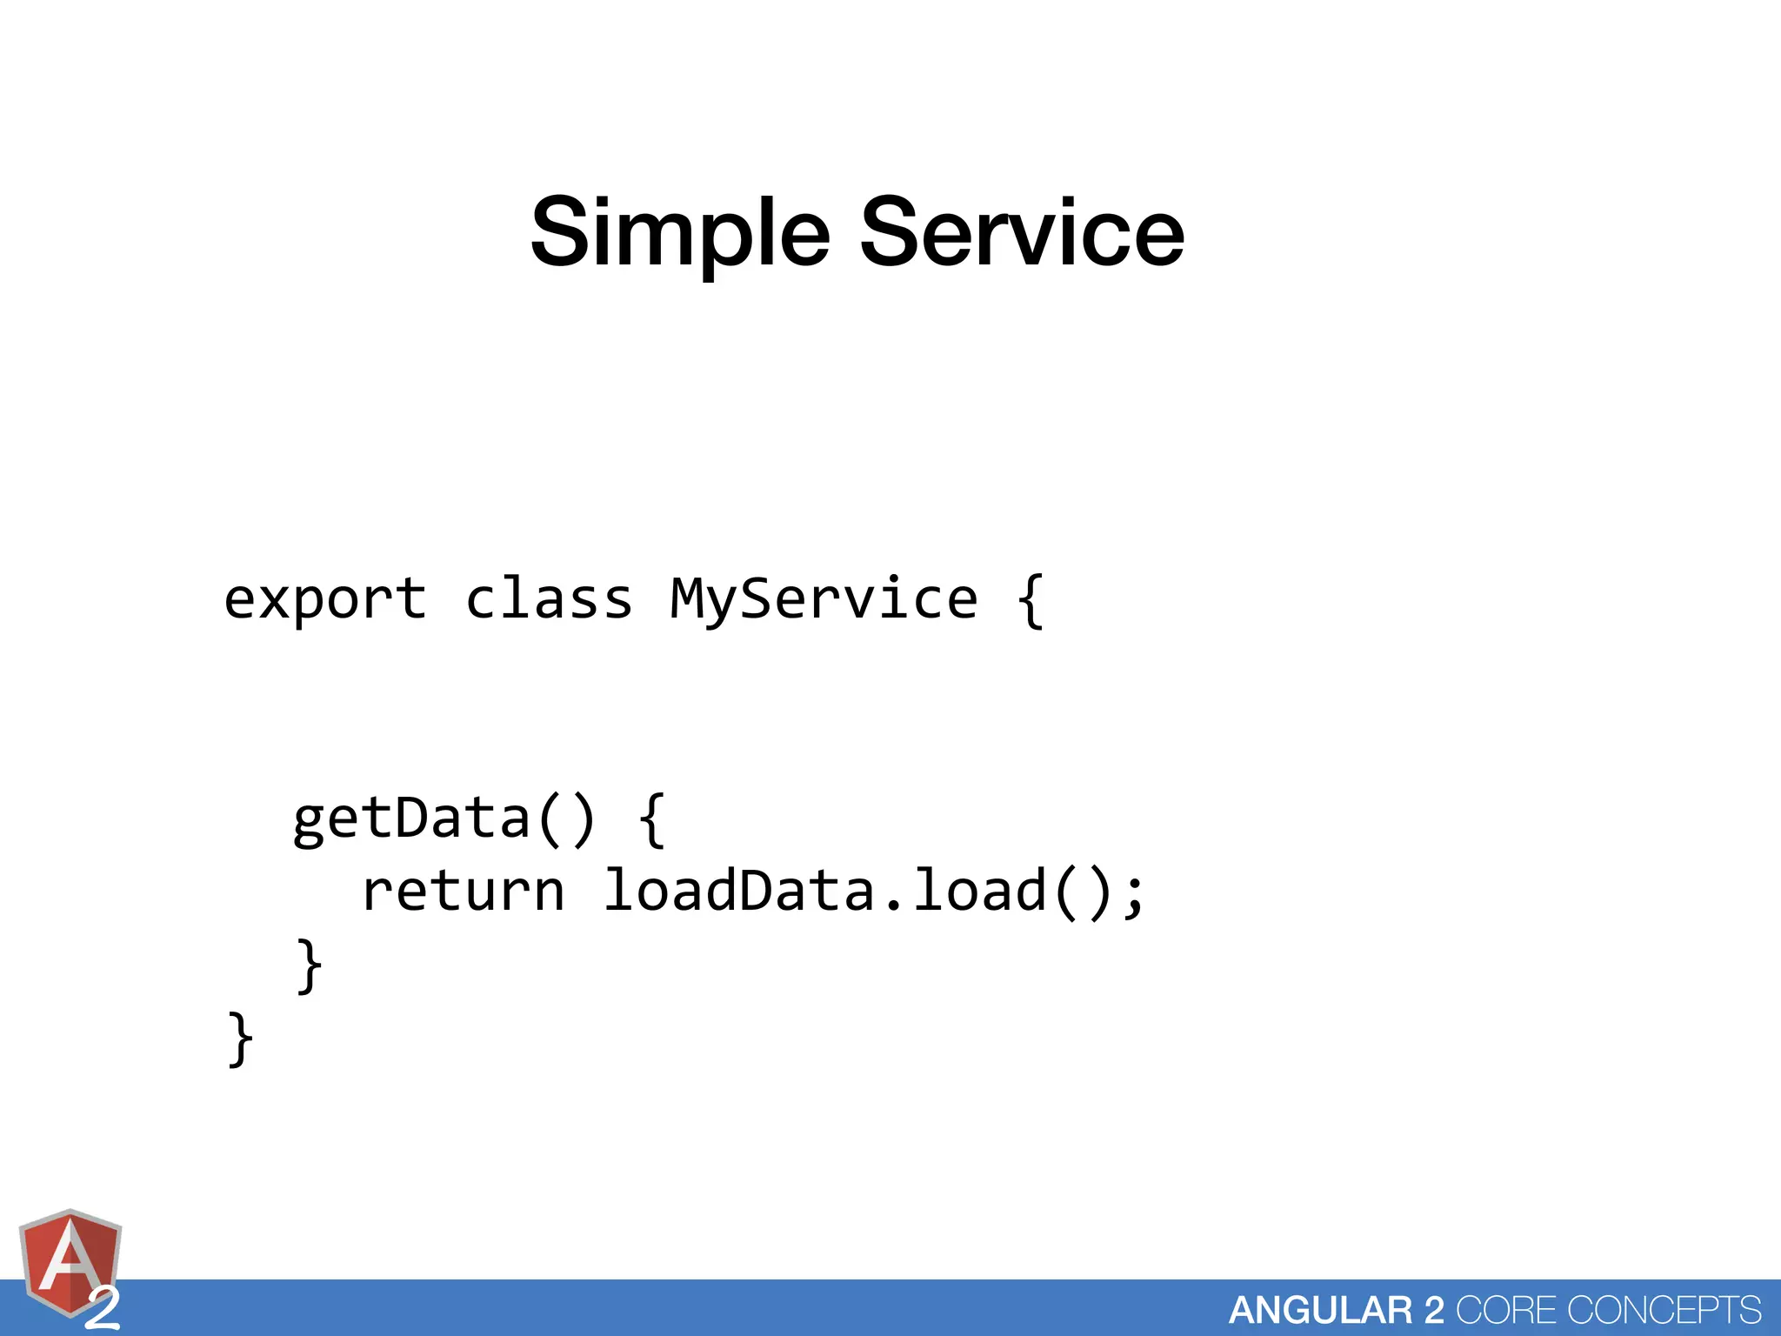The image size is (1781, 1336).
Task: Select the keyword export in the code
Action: [x=325, y=599]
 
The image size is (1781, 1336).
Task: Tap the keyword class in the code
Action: [x=549, y=599]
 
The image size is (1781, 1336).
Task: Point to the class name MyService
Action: [x=824, y=599]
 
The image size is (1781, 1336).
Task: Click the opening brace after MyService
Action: [x=1031, y=599]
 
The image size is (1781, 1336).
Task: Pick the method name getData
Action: [x=410, y=818]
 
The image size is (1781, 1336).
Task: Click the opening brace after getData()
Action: [x=652, y=818]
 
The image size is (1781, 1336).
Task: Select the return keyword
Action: [x=463, y=892]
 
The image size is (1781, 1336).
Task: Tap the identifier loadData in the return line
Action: [x=739, y=892]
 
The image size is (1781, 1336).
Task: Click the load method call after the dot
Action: [x=979, y=892]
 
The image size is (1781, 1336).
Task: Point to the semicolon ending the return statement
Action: [x=1133, y=894]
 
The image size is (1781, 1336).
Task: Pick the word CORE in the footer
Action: [x=1505, y=1310]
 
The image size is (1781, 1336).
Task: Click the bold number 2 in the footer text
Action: [x=1433, y=1310]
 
